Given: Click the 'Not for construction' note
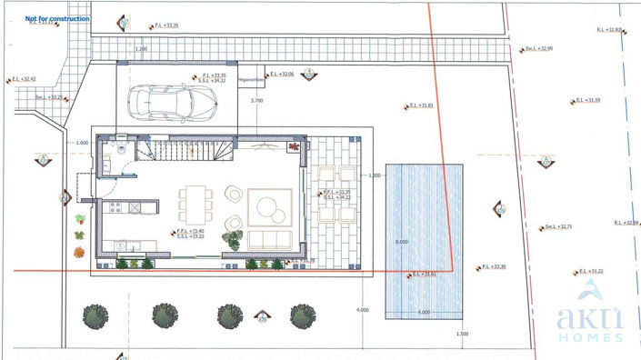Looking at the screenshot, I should [x=57, y=18].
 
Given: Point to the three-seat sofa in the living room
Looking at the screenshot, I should [x=270, y=239].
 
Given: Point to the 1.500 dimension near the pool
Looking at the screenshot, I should [x=461, y=334].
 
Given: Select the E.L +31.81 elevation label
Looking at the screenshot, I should [x=421, y=106].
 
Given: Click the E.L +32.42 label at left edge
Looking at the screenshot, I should [x=25, y=79].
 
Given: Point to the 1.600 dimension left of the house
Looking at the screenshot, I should [x=82, y=143].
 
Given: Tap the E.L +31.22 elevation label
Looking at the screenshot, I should [x=591, y=272].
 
